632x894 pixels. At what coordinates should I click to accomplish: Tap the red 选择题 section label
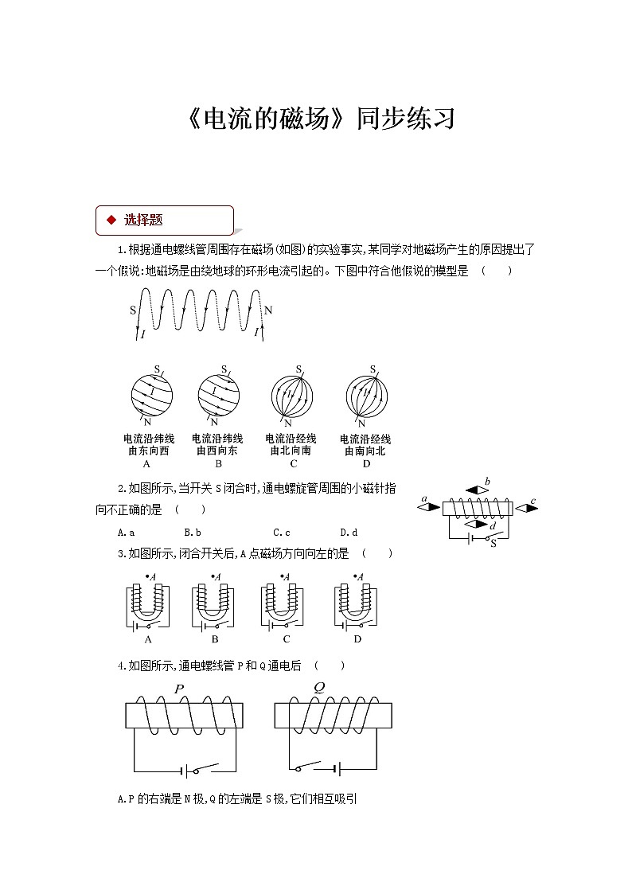[143, 220]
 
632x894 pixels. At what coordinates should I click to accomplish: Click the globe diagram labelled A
[151, 394]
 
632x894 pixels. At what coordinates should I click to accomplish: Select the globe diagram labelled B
[219, 394]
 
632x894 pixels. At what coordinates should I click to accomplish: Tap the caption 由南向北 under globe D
[365, 451]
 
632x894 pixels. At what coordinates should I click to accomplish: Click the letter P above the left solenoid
[179, 689]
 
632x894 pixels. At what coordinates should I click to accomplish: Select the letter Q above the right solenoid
[319, 687]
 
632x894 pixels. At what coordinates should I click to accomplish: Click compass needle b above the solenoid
[478, 490]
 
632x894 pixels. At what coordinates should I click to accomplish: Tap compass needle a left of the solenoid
[431, 506]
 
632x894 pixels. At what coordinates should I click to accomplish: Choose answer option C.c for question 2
[281, 533]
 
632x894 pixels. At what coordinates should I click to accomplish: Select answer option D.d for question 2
[349, 533]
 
